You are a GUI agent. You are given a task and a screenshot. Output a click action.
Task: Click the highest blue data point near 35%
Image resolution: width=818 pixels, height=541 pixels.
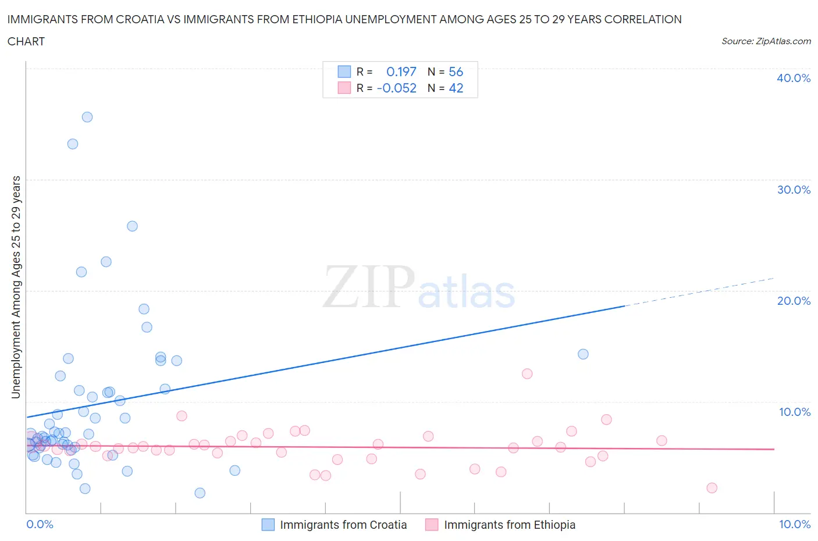(87, 117)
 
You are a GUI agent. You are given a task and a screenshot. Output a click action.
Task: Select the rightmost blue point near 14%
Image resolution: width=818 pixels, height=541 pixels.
(583, 354)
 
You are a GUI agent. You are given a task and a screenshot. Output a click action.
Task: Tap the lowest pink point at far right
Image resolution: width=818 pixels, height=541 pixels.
(712, 488)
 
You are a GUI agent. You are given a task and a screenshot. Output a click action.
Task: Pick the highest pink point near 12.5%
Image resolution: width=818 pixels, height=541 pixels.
(527, 374)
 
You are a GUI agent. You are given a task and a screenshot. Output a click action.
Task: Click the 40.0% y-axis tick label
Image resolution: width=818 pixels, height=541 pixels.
(794, 79)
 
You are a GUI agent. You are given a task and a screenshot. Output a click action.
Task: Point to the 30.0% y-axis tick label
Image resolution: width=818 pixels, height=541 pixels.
(794, 190)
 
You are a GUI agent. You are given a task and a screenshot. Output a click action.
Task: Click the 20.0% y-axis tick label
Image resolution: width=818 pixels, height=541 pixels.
(794, 301)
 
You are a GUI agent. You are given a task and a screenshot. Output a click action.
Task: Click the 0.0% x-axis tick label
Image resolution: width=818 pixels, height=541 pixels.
(40, 525)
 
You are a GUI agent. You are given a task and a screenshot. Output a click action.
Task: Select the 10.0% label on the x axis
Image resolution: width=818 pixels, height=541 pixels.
(795, 525)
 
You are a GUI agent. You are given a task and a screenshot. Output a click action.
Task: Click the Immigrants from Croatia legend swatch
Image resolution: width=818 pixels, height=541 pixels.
(268, 525)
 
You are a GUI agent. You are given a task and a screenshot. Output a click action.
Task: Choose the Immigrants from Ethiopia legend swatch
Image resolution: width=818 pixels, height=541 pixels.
(432, 525)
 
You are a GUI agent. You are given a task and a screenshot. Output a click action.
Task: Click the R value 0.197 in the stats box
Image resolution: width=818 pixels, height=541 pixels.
(401, 72)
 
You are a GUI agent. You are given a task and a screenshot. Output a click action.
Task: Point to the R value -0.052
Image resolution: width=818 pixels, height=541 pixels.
(397, 88)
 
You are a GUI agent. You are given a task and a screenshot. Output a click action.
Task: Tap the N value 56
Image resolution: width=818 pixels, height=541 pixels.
(456, 72)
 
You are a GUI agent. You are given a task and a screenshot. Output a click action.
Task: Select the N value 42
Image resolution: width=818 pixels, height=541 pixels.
(456, 88)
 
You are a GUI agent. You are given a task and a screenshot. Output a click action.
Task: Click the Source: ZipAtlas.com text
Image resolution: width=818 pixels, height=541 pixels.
(766, 41)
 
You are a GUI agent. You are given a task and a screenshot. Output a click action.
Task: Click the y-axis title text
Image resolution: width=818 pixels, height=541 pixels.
(16, 287)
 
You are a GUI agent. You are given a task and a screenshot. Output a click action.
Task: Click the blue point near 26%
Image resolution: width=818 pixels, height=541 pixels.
(132, 226)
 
